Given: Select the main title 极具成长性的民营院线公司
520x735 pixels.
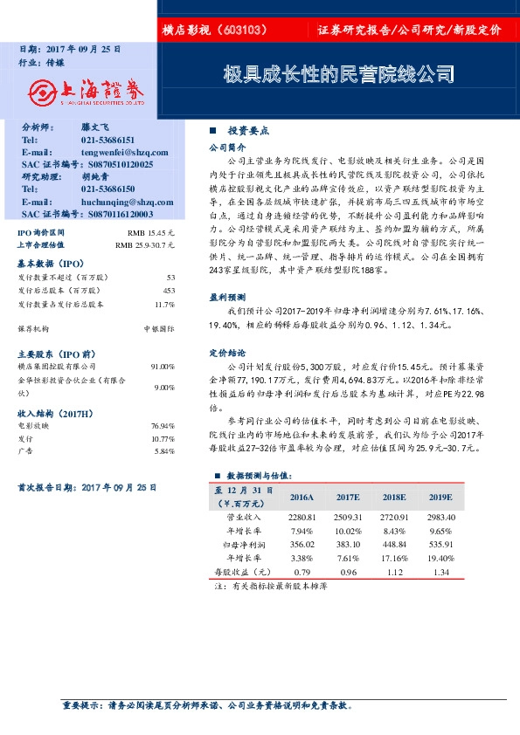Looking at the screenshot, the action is tap(338, 73).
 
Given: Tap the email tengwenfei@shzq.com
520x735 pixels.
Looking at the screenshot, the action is tap(118, 152).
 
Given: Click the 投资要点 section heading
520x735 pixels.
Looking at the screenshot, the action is tap(247, 130).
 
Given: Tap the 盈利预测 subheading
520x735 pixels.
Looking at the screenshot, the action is tap(223, 297).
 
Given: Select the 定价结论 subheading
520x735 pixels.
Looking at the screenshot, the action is tap(223, 354).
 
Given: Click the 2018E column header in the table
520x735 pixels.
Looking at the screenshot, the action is tap(394, 497).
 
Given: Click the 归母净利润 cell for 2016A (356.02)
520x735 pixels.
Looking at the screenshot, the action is tap(301, 544).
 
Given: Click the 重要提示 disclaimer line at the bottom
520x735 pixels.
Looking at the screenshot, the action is tap(210, 704).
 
